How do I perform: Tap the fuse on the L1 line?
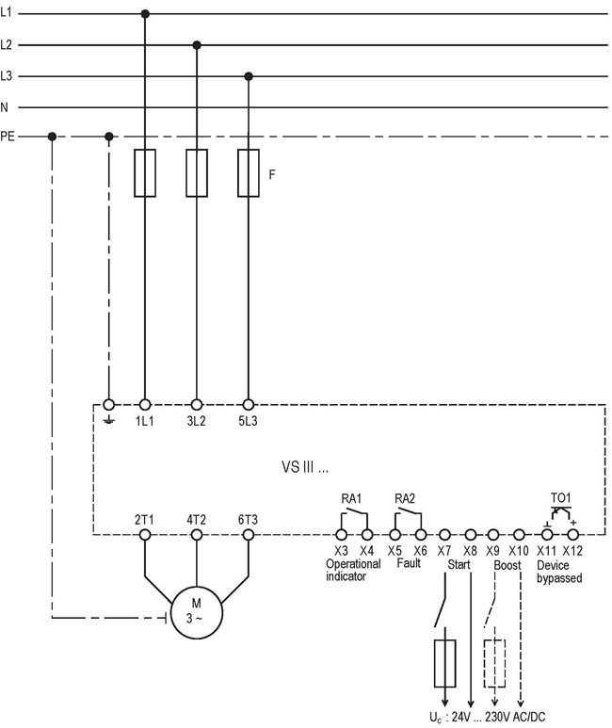[145, 172]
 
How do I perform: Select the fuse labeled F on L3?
[249, 172]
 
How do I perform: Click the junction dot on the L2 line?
[197, 44]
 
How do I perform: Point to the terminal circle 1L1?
[145, 403]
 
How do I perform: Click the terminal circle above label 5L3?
[249, 403]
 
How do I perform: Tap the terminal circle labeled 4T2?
[197, 534]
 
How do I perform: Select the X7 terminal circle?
[444, 534]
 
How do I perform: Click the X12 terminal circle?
[572, 534]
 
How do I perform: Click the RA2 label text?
[405, 497]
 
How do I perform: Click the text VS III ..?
[305, 466]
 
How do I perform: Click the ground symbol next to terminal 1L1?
[109, 417]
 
